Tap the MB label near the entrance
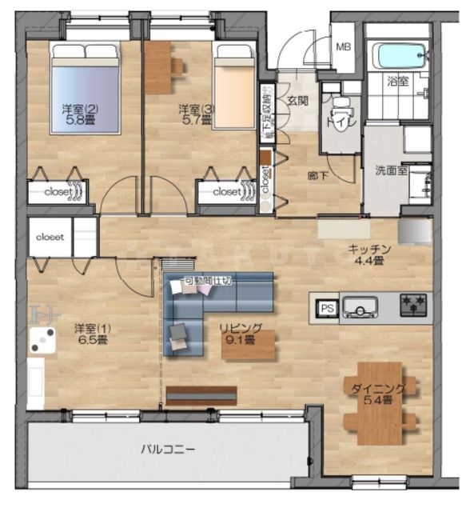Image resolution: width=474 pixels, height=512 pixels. (x=343, y=47)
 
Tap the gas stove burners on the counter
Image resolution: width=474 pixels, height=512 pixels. (x=413, y=305)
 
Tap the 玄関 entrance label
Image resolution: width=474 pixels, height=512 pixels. (x=297, y=101)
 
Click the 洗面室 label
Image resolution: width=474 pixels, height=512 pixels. (x=392, y=170)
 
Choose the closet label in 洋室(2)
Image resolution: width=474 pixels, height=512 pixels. (x=58, y=192)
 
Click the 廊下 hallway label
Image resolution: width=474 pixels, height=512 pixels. (x=318, y=175)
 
